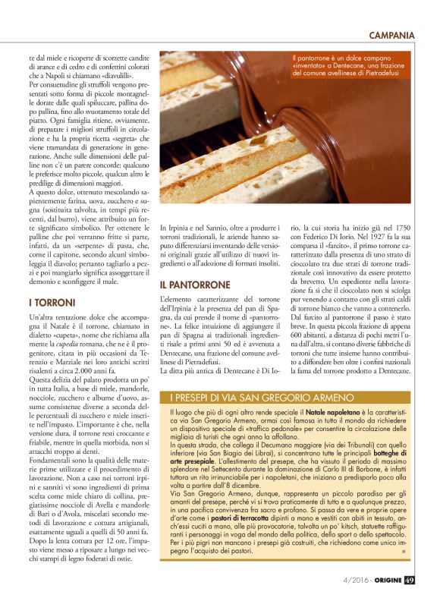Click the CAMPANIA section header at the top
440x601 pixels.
pos(391,35)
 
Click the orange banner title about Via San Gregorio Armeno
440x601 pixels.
pos(251,398)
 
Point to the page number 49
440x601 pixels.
pos(410,581)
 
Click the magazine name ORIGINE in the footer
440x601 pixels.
pos(386,581)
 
